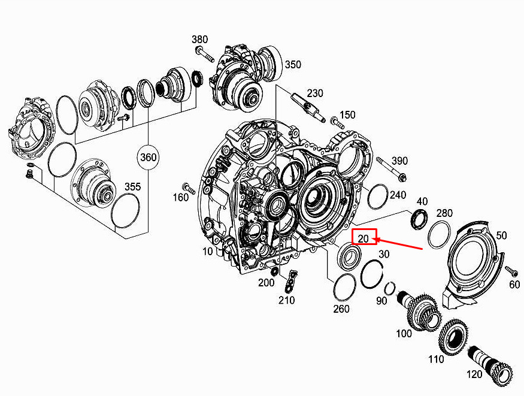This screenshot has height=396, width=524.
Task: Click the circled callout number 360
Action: [x=148, y=157]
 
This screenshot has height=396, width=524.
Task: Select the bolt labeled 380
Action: [x=205, y=55]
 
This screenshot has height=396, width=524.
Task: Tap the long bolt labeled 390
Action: [x=391, y=169]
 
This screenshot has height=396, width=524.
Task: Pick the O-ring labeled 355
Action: [x=125, y=211]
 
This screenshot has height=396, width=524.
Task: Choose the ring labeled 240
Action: [x=378, y=197]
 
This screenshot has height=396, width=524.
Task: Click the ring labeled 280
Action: [x=440, y=234]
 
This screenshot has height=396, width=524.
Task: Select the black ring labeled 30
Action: [x=372, y=273]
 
